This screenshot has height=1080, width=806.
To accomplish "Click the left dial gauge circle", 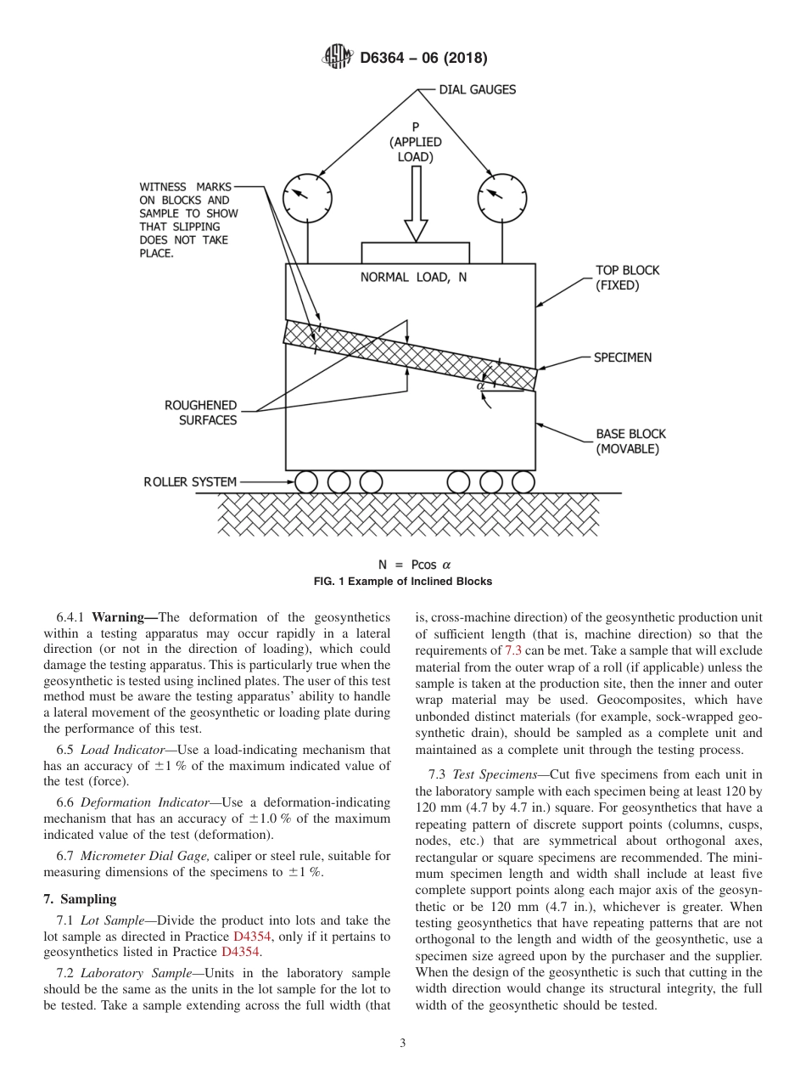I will [x=307, y=198].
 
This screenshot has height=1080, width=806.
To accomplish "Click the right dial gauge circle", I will [x=501, y=198].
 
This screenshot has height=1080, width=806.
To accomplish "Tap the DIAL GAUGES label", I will [x=477, y=89].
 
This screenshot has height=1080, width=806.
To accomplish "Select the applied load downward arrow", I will [x=416, y=204].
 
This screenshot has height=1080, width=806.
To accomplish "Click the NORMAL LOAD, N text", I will [x=414, y=278].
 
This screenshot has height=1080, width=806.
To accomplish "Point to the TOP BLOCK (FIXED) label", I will [x=627, y=278].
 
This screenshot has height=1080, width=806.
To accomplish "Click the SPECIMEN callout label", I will [x=623, y=357].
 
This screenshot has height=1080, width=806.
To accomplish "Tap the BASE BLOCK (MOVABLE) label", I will [x=627, y=442].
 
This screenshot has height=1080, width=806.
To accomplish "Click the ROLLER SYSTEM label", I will [x=190, y=482].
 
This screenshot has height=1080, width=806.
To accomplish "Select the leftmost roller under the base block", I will [x=306, y=482].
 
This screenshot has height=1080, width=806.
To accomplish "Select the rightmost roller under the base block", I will [x=523, y=482].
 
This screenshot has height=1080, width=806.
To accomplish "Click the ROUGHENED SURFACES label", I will [x=201, y=413].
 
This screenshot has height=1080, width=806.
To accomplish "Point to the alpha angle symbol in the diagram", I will [x=480, y=385].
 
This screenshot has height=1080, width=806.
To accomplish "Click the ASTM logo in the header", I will [x=337, y=58].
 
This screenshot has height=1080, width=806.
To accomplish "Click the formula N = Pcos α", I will [x=414, y=565].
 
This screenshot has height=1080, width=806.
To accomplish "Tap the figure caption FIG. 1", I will [x=403, y=582].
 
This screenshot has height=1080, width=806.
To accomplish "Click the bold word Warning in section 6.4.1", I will [x=124, y=617].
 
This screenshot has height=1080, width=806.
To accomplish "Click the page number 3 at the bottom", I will [x=403, y=1043].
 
